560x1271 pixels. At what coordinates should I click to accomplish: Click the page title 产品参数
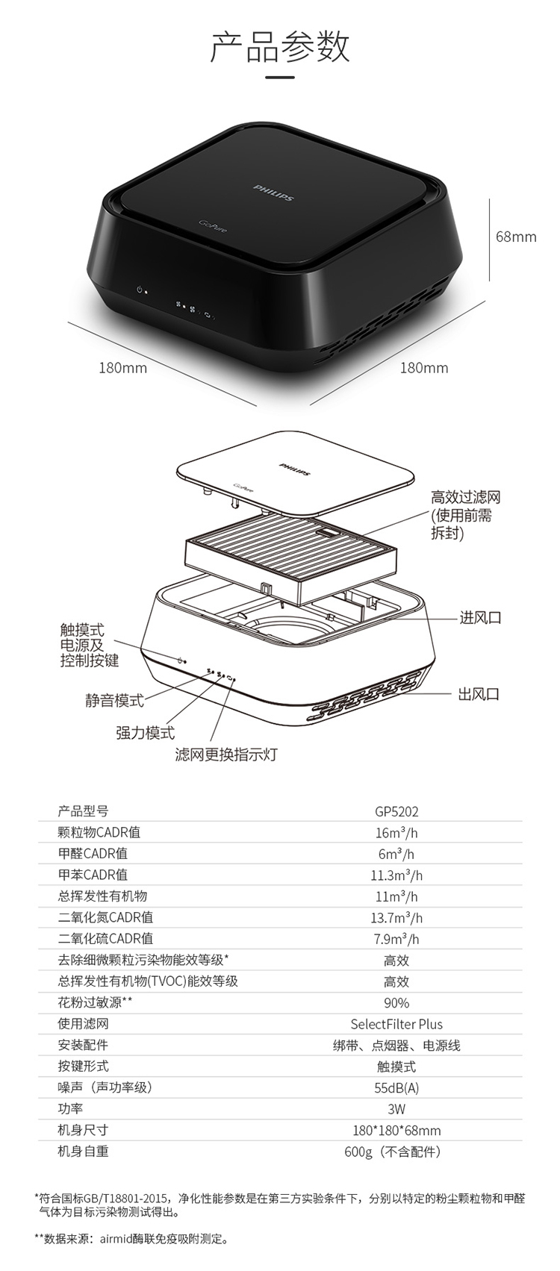(279, 46)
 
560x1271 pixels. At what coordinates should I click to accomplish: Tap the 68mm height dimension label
(516, 237)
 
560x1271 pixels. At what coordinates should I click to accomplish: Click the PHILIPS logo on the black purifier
(273, 188)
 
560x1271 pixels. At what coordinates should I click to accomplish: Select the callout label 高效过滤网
(465, 497)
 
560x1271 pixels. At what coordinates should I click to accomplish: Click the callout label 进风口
(479, 617)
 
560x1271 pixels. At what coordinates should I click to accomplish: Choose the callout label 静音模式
(113, 700)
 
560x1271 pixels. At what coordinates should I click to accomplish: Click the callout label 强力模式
(145, 733)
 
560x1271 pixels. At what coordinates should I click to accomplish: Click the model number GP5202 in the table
(396, 811)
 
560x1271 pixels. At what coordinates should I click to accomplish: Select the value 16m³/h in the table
(396, 833)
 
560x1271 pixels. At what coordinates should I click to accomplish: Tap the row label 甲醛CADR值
(93, 853)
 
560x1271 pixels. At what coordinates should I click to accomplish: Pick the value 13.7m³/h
(396, 917)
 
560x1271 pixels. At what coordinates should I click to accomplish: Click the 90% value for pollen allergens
(396, 1002)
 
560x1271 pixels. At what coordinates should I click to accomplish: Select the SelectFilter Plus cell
(396, 1024)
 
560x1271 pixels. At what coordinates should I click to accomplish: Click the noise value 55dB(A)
(396, 1087)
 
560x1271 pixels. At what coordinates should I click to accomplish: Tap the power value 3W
(396, 1109)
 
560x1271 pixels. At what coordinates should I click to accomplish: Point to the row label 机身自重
(83, 1151)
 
